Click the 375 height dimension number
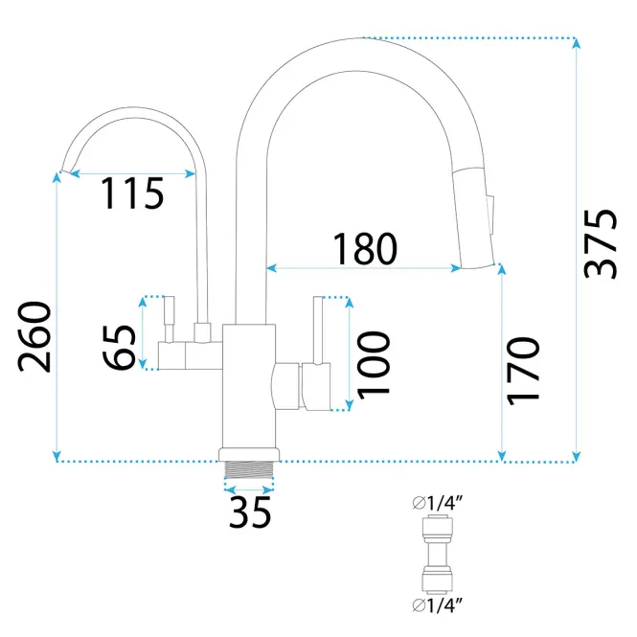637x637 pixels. pyautogui.click(x=601, y=243)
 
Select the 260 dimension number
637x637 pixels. pyautogui.click(x=34, y=337)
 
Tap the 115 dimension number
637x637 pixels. pyautogui.click(x=132, y=193)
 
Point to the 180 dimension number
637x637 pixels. pyautogui.click(x=364, y=248)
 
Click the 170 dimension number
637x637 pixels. pyautogui.click(x=524, y=371)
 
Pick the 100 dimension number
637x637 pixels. pyautogui.click(x=374, y=365)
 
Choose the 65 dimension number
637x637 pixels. pyautogui.click(x=119, y=348)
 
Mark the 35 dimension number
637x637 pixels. pyautogui.click(x=250, y=512)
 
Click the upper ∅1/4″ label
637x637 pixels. pyautogui.click(x=437, y=503)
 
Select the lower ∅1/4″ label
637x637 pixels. pyautogui.click(x=437, y=605)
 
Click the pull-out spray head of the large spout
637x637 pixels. pyautogui.click(x=474, y=217)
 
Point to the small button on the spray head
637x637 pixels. pyautogui.click(x=490, y=215)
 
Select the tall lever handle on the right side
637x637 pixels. pyautogui.click(x=318, y=330)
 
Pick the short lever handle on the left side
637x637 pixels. pyautogui.click(x=169, y=319)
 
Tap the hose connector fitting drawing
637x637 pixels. pyautogui.click(x=437, y=554)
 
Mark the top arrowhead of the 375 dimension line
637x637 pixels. pyautogui.click(x=576, y=43)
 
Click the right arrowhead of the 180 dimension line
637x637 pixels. pyautogui.click(x=456, y=267)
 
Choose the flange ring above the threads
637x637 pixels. pyautogui.click(x=249, y=455)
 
